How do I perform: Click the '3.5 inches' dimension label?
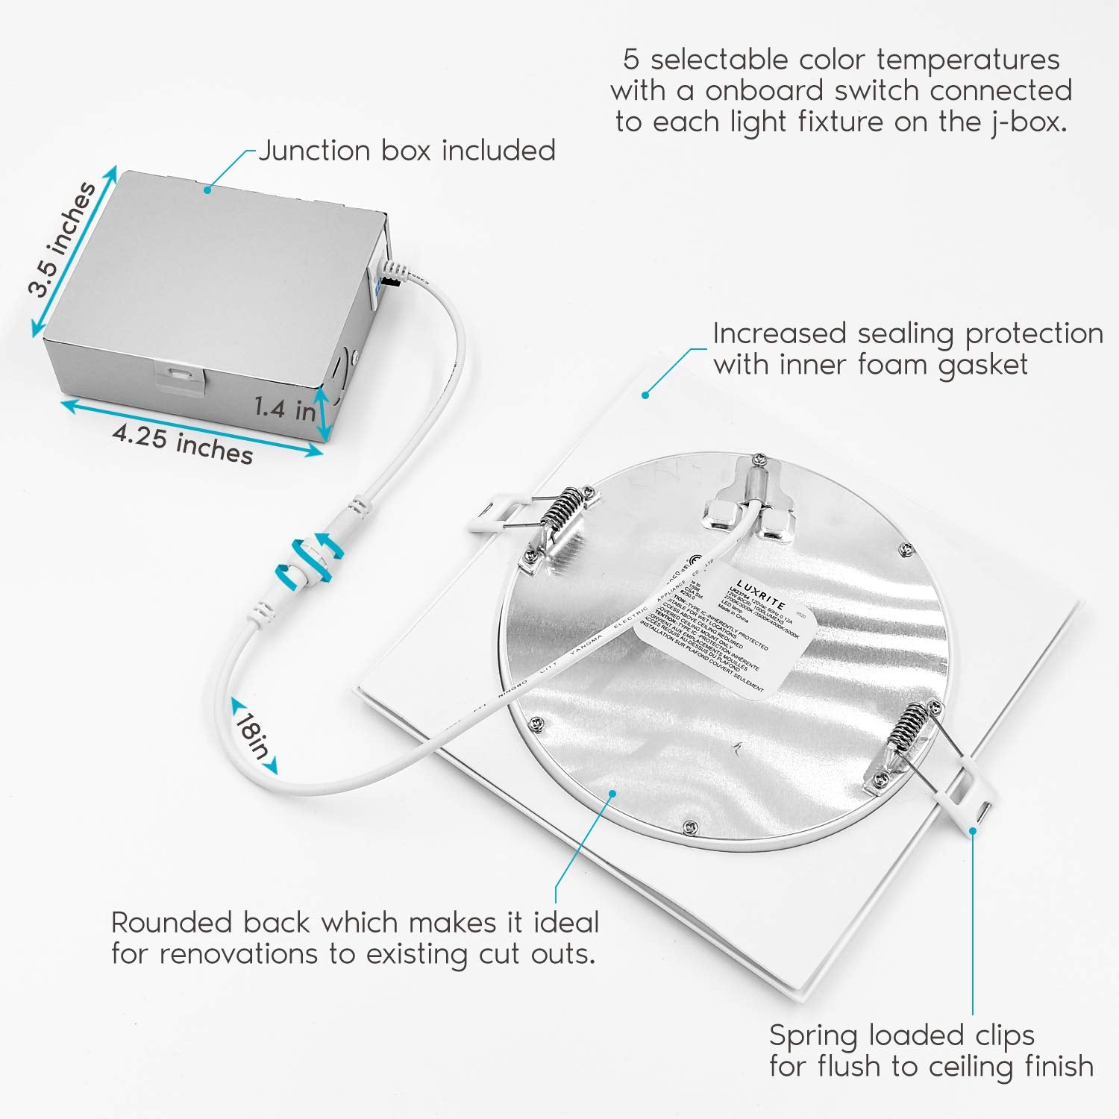tap(63, 239)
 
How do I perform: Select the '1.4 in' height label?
tap(284, 408)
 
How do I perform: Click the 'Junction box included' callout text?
tap(407, 151)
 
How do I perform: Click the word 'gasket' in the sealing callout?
tap(982, 365)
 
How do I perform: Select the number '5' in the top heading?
tap(631, 60)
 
